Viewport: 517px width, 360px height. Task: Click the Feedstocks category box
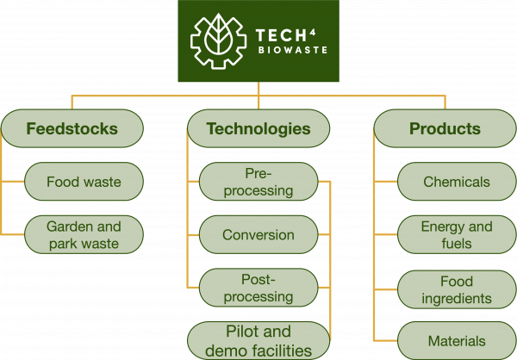(x=72, y=129)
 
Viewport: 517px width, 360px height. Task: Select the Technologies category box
(x=258, y=129)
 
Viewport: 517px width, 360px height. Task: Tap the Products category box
(x=445, y=129)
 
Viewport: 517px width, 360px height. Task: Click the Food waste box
(x=84, y=182)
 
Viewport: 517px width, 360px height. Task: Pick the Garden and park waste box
(x=84, y=235)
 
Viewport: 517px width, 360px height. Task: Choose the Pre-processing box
(x=258, y=182)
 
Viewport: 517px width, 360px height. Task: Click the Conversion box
(x=258, y=235)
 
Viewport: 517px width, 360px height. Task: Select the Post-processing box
(x=258, y=288)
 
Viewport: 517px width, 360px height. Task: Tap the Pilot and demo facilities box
(x=258, y=341)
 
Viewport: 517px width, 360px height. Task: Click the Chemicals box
(x=457, y=182)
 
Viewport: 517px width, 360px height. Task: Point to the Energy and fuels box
(x=457, y=235)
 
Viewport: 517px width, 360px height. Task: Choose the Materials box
(x=457, y=341)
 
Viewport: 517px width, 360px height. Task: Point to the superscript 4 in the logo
(x=310, y=32)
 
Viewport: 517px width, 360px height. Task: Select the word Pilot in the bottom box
(x=245, y=332)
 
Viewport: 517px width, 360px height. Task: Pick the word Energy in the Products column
(x=441, y=227)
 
